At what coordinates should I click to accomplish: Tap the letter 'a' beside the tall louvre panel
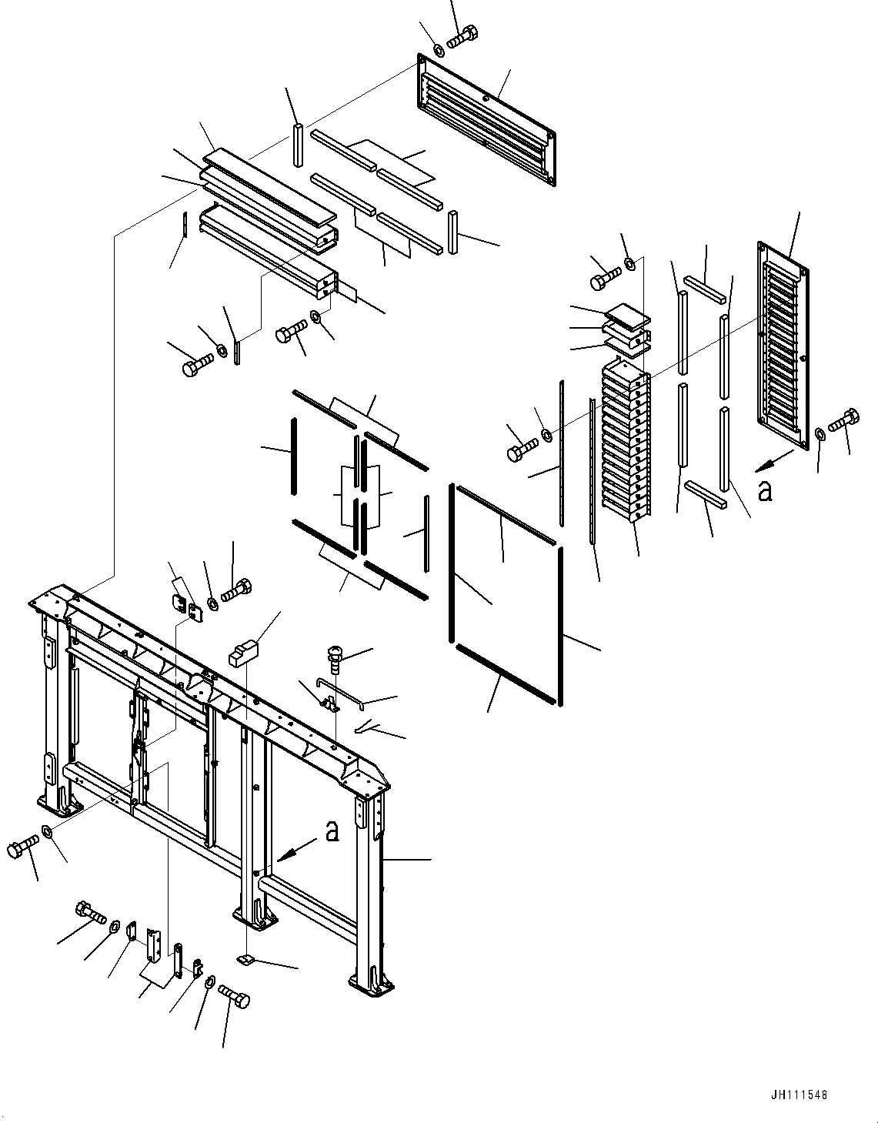click(764, 490)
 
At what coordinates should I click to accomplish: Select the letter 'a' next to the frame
click(332, 831)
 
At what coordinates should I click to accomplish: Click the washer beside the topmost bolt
click(439, 50)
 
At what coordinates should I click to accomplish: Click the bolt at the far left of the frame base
click(21, 848)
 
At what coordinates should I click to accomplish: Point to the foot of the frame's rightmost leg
click(372, 984)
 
